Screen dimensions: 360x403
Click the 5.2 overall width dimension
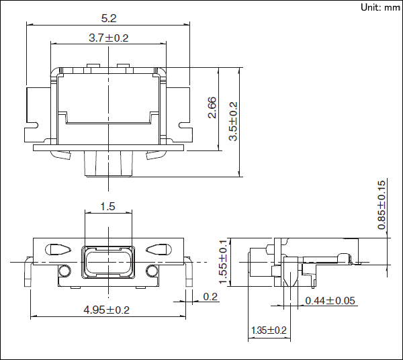click(107, 18)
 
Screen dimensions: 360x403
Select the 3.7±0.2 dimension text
click(108, 38)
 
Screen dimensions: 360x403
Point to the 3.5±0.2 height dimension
click(233, 121)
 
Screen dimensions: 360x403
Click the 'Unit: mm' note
click(379, 7)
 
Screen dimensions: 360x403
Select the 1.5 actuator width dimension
click(107, 206)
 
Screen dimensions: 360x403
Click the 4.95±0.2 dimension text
click(106, 310)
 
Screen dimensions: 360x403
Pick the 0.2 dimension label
click(210, 297)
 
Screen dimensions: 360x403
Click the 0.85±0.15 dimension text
click(381, 205)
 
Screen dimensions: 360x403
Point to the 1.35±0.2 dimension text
click(269, 330)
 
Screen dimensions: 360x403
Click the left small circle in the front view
click(65, 271)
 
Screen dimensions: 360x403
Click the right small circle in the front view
click(151, 271)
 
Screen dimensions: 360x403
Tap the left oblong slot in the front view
click(57, 249)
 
